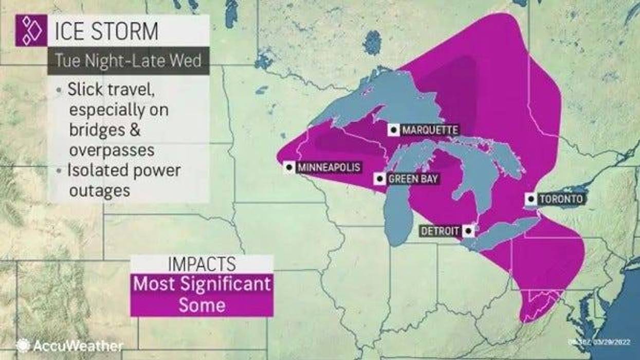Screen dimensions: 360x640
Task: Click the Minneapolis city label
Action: (x=328, y=167)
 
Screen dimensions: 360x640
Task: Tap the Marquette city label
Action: (x=430, y=130)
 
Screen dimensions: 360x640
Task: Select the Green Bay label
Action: (x=413, y=179)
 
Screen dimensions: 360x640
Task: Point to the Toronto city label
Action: (x=561, y=199)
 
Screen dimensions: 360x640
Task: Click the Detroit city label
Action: (x=440, y=231)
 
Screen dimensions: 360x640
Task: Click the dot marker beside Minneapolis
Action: (x=289, y=167)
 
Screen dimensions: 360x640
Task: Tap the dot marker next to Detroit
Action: (x=468, y=231)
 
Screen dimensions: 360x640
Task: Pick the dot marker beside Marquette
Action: (x=394, y=130)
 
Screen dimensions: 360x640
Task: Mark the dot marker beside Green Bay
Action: (x=379, y=179)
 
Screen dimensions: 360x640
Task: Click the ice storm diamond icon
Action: (x=31, y=30)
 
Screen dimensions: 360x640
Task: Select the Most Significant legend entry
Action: (x=202, y=284)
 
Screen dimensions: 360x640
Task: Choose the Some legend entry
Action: (x=202, y=305)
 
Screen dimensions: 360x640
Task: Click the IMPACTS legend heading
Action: (x=202, y=264)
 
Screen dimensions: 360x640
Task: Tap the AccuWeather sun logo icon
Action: (x=23, y=345)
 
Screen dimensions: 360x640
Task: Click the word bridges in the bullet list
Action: (x=98, y=130)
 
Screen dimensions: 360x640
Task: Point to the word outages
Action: (x=99, y=190)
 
